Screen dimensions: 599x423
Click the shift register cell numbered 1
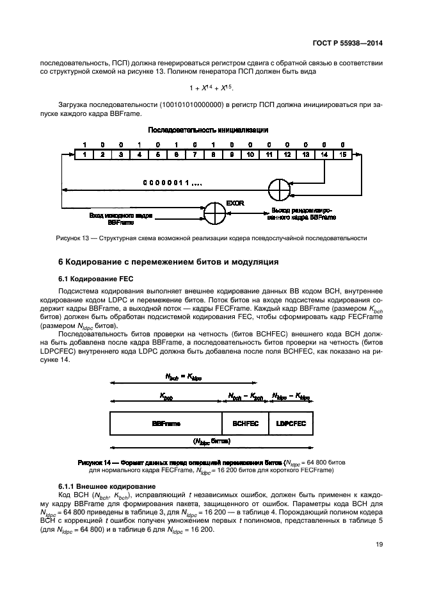[x=83, y=154]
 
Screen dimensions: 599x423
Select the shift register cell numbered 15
[x=343, y=154]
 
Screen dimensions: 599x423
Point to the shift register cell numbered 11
[x=269, y=154]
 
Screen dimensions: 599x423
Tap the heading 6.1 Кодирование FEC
[x=89, y=279]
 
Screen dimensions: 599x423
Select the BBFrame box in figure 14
[x=166, y=424]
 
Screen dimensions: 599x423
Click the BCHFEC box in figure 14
[x=245, y=424]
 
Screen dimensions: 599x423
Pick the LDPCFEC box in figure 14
[x=291, y=424]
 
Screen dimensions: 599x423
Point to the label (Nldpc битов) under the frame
[x=211, y=441]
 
